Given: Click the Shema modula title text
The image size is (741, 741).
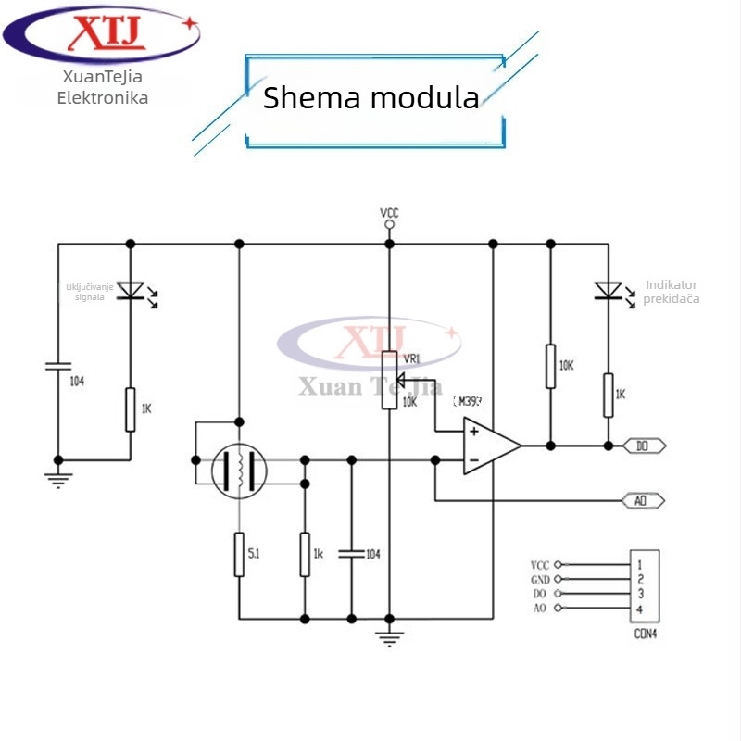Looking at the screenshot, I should [x=370, y=98].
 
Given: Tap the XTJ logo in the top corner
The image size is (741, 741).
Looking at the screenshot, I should [x=102, y=35].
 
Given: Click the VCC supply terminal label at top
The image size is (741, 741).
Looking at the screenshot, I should [x=389, y=213].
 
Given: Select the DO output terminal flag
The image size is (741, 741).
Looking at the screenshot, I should [x=645, y=446].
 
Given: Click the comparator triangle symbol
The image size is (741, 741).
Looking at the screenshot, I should [x=489, y=446].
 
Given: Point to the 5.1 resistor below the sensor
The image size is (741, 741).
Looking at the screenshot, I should [x=239, y=555].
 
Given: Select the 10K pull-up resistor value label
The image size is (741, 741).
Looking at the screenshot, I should [x=566, y=366].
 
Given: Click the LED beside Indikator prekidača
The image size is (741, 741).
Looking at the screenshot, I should [x=609, y=291].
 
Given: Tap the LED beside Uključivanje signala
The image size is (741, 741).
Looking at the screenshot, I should [x=131, y=291].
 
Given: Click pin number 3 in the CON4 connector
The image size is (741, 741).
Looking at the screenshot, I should [x=640, y=593].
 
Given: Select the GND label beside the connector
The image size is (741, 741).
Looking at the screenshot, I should [x=540, y=578].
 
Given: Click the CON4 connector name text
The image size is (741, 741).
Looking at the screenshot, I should [x=646, y=634].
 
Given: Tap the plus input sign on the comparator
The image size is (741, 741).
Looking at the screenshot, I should [x=473, y=431].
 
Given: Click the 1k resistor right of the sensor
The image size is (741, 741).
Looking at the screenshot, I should [x=304, y=554].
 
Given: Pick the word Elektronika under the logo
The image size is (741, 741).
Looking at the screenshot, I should [x=103, y=97].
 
